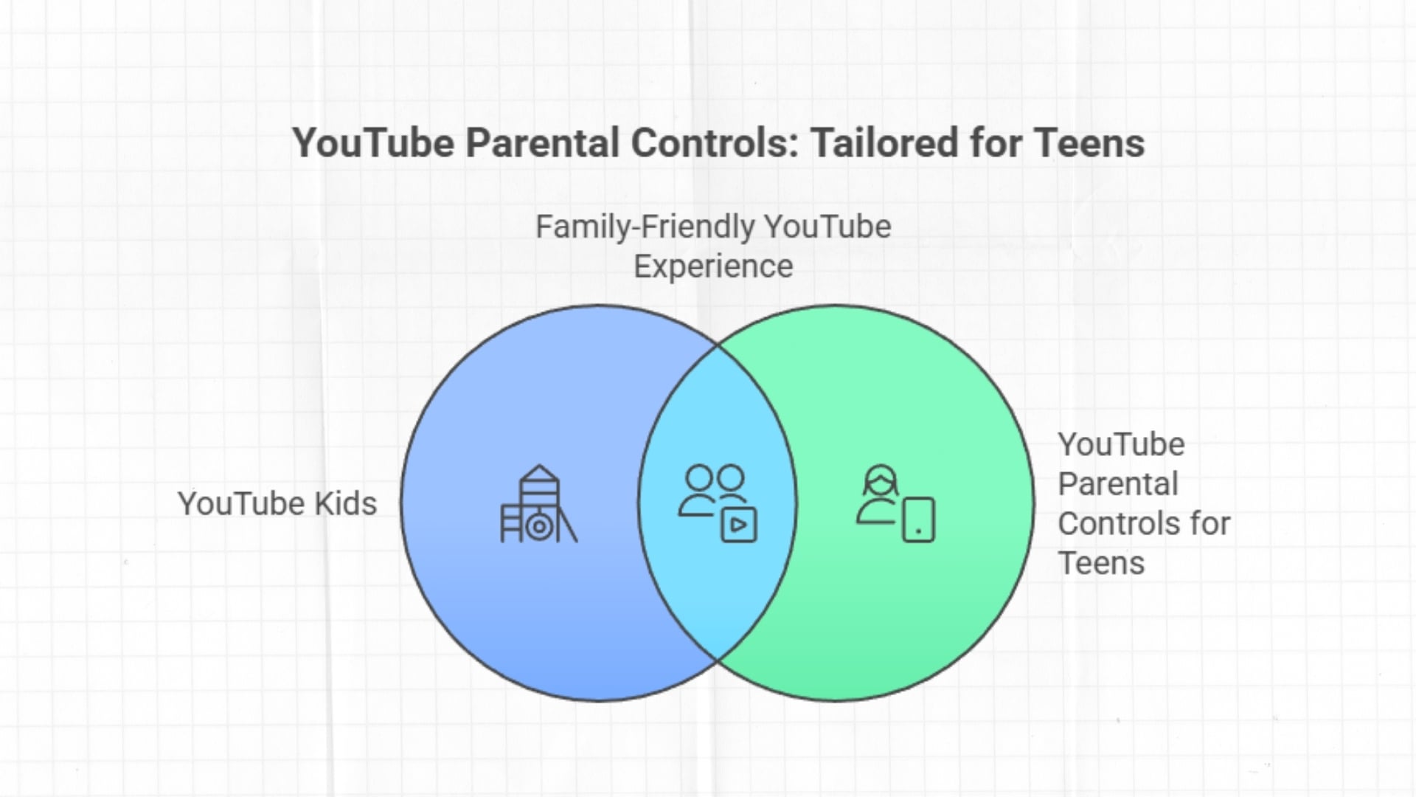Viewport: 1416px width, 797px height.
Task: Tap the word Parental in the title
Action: (541, 142)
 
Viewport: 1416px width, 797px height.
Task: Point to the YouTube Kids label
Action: (277, 504)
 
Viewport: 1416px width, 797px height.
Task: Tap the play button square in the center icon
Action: (738, 525)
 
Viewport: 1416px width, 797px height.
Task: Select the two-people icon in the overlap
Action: (712, 489)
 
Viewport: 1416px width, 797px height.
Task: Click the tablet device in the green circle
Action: (918, 520)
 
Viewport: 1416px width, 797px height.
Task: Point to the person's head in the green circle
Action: (881, 480)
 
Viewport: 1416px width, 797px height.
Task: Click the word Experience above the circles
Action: (713, 266)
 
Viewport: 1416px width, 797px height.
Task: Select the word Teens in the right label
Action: (1101, 564)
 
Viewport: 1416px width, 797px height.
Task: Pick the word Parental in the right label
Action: (1118, 484)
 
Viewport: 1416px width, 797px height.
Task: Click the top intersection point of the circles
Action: (718, 345)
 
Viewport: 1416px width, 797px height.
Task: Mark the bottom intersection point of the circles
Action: (718, 660)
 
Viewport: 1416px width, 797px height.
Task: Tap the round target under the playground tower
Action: (539, 527)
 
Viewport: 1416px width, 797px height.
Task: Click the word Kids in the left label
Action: (345, 504)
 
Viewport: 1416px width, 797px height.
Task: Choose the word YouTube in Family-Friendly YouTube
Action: (827, 227)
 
